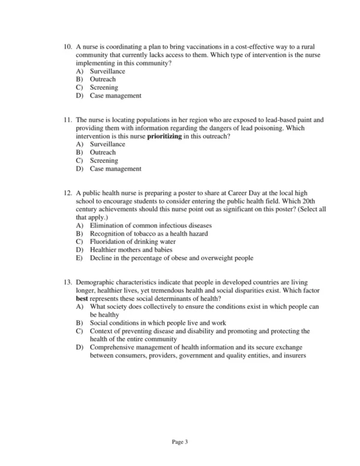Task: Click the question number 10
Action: pyautogui.click(x=67, y=47)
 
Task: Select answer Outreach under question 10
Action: pyautogui.click(x=103, y=79)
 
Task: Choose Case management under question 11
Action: pyautogui.click(x=115, y=169)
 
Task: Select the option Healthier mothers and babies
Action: pyautogui.click(x=131, y=250)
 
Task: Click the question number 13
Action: pyautogui.click(x=67, y=282)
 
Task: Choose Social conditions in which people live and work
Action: pyautogui.click(x=158, y=322)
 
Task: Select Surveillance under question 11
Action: pyautogui.click(x=107, y=145)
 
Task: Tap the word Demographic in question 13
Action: pyautogui.click(x=96, y=282)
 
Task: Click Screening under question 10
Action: pyautogui.click(x=104, y=88)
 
